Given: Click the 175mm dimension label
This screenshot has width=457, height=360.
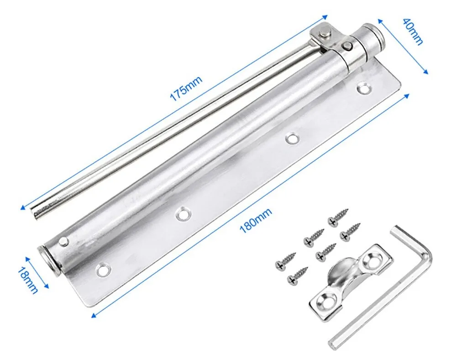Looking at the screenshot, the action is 186,89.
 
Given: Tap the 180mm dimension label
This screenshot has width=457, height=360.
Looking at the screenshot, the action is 256,220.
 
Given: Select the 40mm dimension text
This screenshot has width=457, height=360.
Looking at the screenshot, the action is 413,32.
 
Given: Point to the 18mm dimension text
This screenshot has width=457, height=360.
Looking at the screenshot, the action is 28,281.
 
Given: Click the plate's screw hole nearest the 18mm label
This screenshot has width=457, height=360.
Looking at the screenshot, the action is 104,270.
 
